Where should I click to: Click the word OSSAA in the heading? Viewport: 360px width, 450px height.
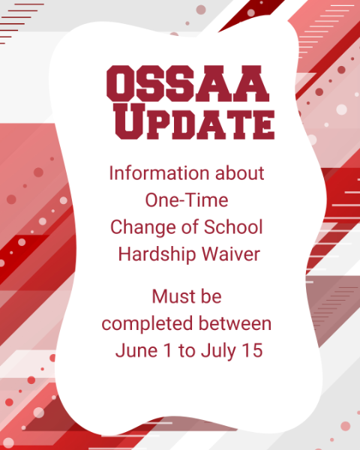pos(187,83)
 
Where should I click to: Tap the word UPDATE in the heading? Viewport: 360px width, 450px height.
pos(194,121)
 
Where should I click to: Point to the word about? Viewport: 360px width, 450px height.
pos(240,173)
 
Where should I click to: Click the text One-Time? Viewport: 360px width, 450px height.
pos(187,200)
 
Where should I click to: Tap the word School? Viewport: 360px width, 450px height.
pos(233,227)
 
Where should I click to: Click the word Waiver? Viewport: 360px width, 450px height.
pos(231,254)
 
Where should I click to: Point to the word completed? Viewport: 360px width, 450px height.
pos(147,324)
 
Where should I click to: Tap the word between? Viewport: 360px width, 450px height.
pos(235,323)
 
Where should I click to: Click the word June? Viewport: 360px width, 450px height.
pos(136,350)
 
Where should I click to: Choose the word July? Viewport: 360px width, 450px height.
pos(218,351)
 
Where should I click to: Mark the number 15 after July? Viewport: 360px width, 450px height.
pos(252,350)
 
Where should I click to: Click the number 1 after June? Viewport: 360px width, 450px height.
pos(168,350)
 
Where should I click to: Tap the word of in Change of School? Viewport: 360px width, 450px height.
pos(190,227)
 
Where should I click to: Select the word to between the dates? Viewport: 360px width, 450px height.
pos(186,351)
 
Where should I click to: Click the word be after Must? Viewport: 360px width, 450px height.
pos(211,296)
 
